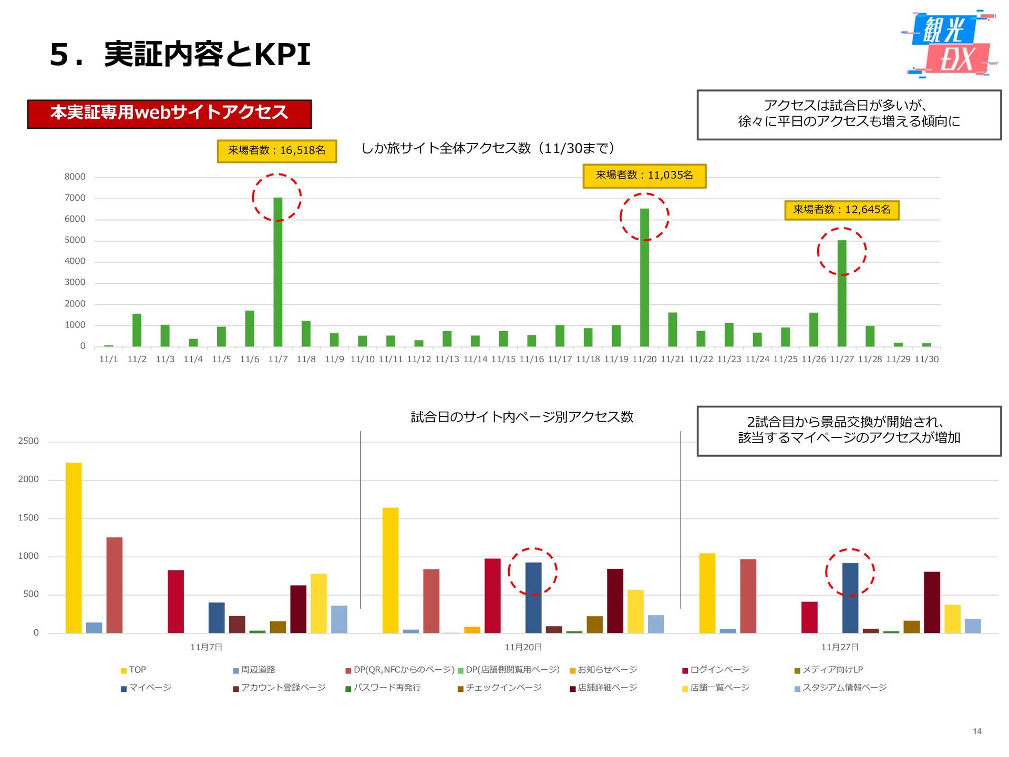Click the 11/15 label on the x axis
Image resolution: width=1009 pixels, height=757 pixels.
pos(503,360)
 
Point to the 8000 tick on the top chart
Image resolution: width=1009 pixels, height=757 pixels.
pos(75,177)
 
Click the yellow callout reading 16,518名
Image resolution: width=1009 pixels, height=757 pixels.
pos(276,151)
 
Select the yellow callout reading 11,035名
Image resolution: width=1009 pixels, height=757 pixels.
pos(644,176)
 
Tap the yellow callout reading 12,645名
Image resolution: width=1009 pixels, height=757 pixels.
pos(842,210)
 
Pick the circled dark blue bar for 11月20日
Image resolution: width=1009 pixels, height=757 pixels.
pos(533,598)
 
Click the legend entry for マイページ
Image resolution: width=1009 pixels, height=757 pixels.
pos(146,688)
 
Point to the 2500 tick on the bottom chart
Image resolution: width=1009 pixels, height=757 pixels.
pos(28,442)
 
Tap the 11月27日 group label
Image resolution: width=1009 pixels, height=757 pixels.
pos(840,648)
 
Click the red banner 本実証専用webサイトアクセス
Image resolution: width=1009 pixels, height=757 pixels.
pos(169,114)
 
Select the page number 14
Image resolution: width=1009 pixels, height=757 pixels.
pos(977,732)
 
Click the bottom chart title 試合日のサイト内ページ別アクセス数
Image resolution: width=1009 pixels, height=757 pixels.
pos(522,417)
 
